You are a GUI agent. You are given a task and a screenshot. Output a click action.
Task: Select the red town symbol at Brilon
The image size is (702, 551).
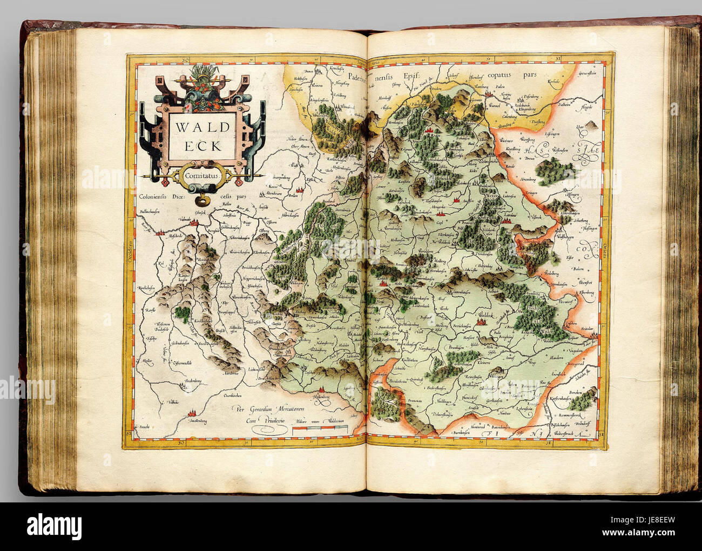pos(298,188)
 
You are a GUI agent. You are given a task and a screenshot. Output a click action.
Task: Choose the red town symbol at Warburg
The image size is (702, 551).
pos(489,93)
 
